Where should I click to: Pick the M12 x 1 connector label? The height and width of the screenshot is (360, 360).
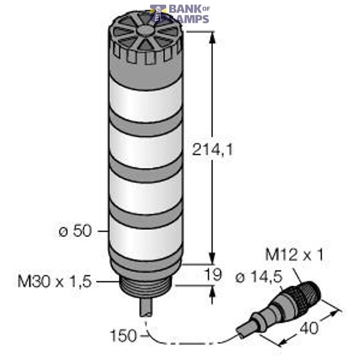pyautogui.click(x=294, y=256)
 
